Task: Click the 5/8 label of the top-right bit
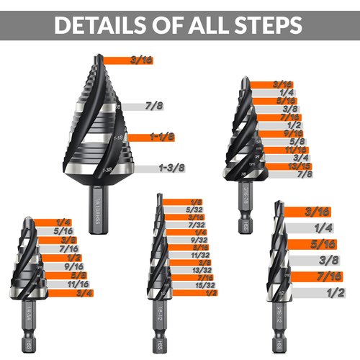click(274, 142)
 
